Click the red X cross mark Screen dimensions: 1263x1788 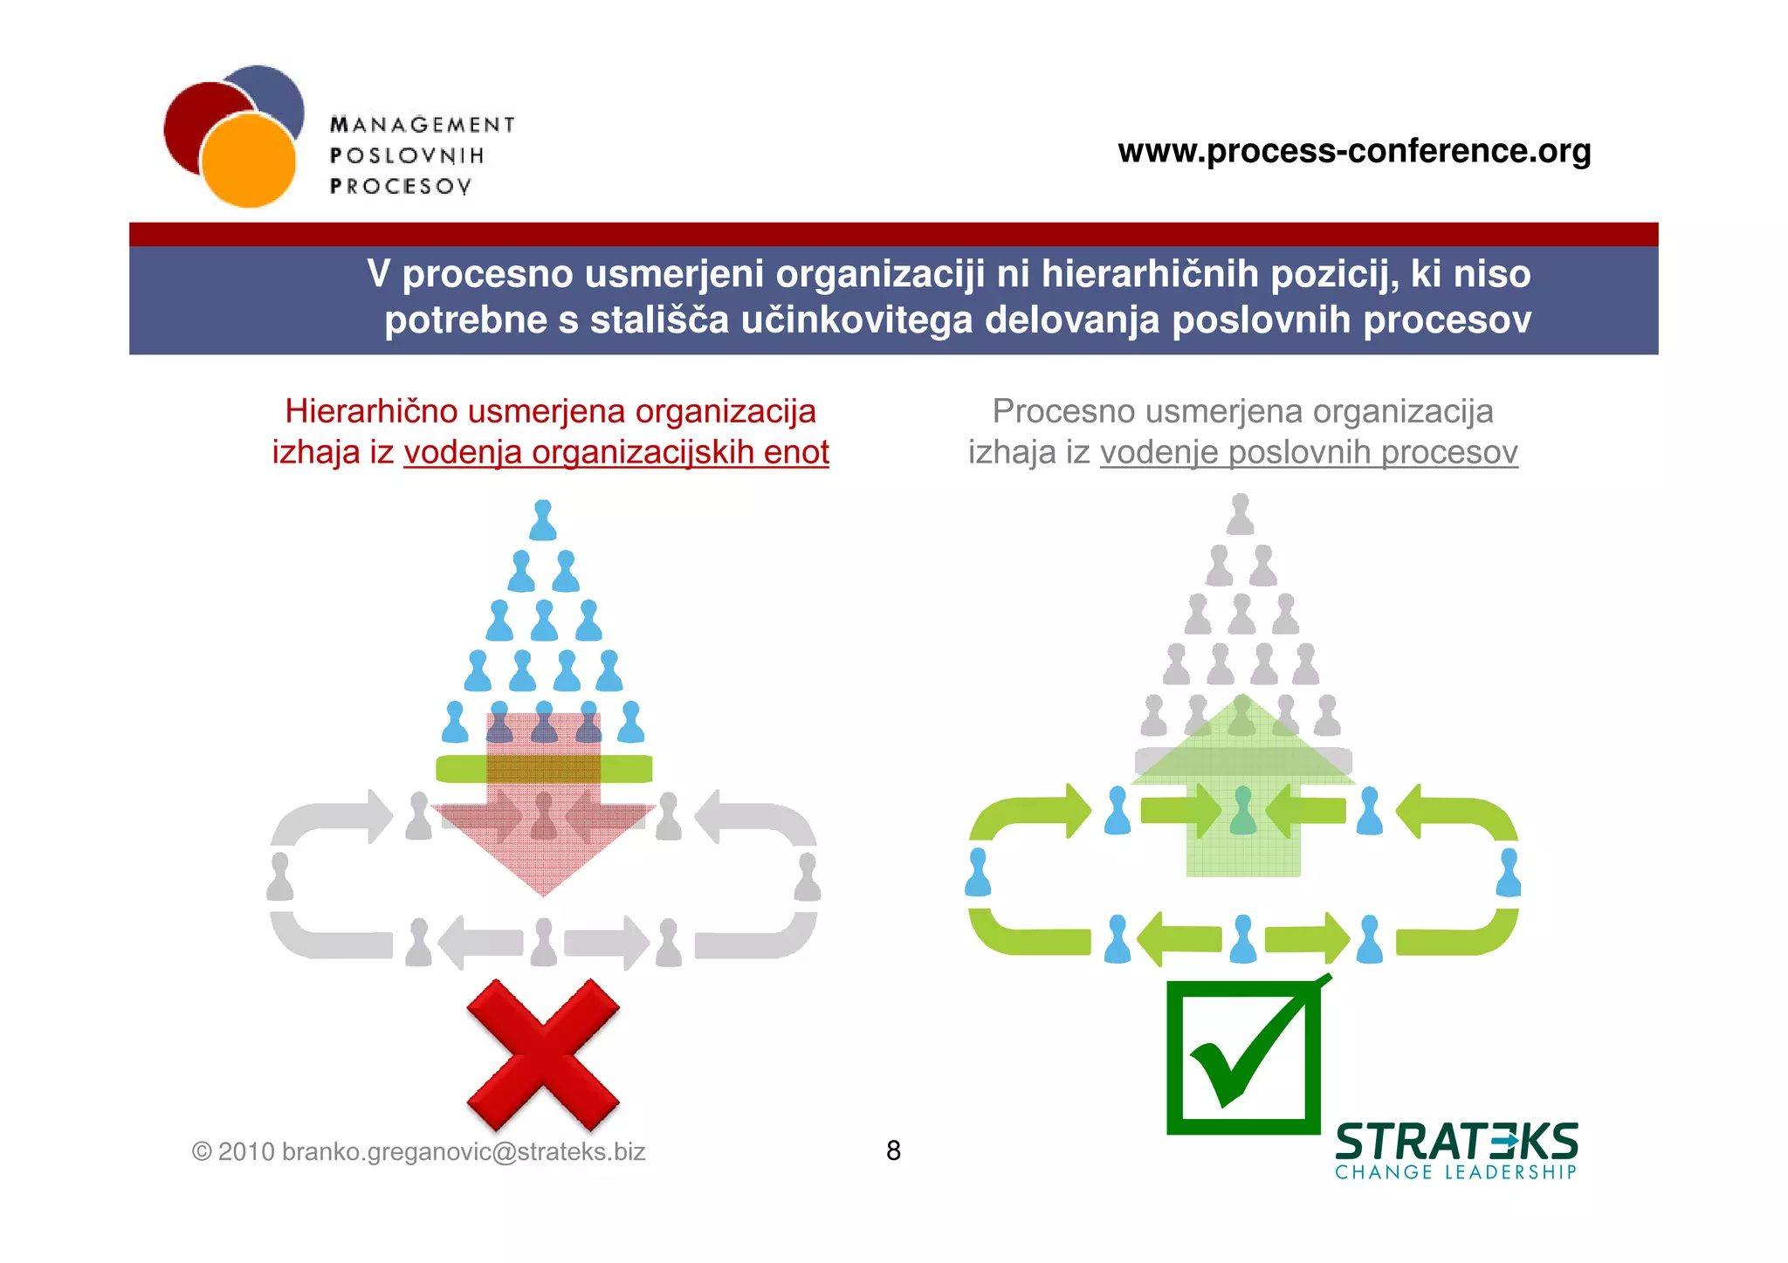coord(543,1054)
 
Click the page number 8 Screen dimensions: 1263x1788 coord(893,1150)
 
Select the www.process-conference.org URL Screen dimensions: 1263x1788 coord(1354,151)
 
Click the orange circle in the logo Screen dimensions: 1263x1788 coord(249,161)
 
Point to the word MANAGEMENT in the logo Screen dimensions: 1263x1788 coord(423,125)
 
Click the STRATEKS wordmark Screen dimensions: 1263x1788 coord(1456,1142)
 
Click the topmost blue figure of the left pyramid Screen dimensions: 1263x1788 coord(543,520)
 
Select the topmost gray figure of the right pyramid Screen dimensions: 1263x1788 coord(1240,515)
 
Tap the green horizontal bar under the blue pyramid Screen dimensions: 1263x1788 coord(544,768)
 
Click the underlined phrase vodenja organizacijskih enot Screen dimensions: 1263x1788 coord(616,452)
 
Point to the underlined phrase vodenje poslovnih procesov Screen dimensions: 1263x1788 coord(1309,452)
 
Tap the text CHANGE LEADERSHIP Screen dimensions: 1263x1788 coord(1455,1172)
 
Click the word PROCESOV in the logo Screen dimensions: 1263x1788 coord(401,186)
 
